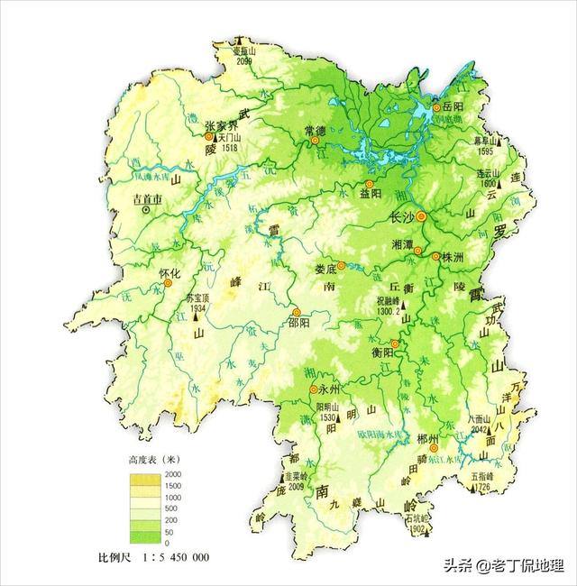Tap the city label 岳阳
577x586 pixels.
453,106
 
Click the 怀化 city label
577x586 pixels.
170,272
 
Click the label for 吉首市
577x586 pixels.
148,197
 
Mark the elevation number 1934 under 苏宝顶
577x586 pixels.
199,307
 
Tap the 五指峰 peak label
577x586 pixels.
484,478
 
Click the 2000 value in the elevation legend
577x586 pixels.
173,474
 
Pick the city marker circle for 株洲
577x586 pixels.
435,256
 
